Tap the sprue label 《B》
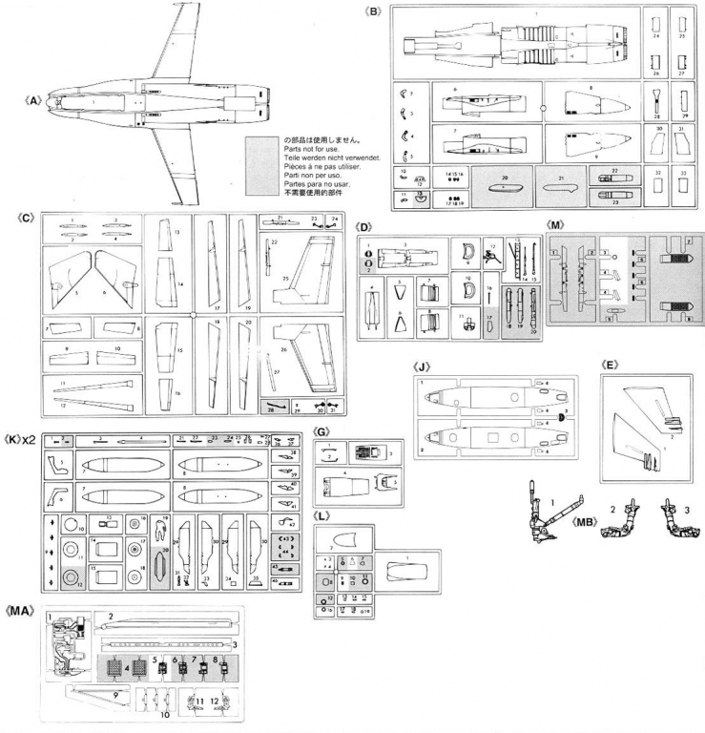tap(374, 11)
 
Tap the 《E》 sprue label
tap(608, 364)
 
